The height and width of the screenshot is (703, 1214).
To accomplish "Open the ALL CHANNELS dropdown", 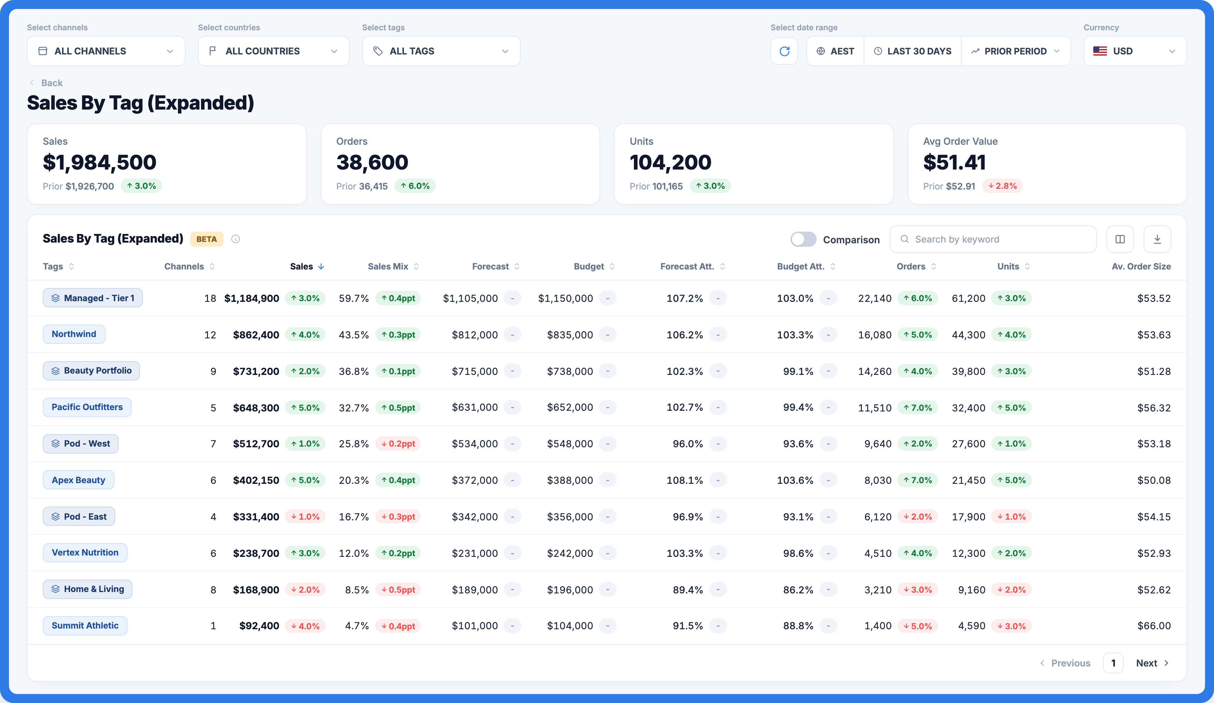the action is click(x=106, y=51).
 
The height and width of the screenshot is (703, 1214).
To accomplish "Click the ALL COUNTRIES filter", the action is click(x=273, y=51).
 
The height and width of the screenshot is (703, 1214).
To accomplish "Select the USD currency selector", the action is click(x=1135, y=51).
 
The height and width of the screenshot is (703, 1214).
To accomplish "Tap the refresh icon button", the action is click(x=784, y=51).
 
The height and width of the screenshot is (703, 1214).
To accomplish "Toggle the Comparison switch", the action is click(x=803, y=239).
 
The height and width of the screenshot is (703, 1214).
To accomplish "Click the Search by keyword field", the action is click(x=993, y=239).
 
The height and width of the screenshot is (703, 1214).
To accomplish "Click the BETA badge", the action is click(x=207, y=239).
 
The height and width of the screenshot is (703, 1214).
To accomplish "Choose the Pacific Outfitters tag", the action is click(x=87, y=407).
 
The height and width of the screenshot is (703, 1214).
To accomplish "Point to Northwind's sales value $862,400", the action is click(x=256, y=335).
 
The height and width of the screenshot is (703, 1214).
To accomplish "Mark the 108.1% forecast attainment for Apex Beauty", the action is click(x=685, y=480).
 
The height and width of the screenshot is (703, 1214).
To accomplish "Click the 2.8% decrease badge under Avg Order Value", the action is click(x=1003, y=186).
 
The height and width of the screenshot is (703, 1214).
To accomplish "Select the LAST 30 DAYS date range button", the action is click(x=913, y=51).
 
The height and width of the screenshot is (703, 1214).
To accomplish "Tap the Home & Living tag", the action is click(x=88, y=589).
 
